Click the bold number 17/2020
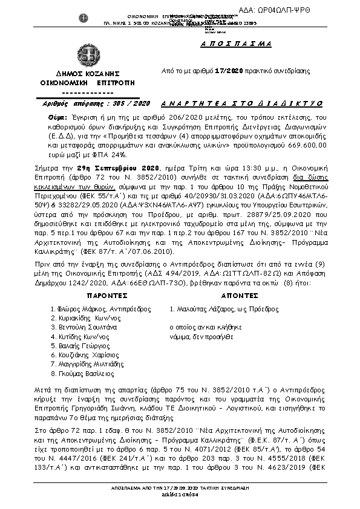click(224, 71)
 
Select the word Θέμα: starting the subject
click(57, 115)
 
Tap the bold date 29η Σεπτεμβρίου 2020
click(107, 167)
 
